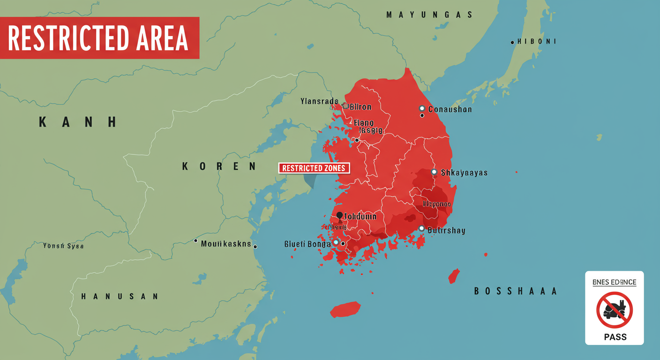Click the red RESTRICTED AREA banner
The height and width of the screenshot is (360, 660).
click(x=99, y=38)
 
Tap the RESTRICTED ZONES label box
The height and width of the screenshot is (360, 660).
click(x=314, y=168)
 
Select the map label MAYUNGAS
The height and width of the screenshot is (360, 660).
click(x=429, y=15)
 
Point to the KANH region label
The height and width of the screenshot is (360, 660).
click(x=77, y=122)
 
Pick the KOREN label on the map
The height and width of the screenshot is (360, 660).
click(x=219, y=166)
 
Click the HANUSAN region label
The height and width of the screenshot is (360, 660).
click(x=120, y=296)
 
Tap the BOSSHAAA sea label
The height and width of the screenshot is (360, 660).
click(x=515, y=291)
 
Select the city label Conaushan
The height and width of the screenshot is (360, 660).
click(x=450, y=109)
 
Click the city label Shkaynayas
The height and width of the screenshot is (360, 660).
click(x=464, y=172)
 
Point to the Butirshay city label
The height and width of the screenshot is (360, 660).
click(x=446, y=231)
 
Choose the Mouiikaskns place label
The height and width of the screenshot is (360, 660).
click(x=226, y=244)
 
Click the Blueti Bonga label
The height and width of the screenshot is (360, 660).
click(x=307, y=244)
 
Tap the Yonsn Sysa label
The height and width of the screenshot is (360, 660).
click(x=63, y=246)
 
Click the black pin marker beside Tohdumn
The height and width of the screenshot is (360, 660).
click(x=339, y=216)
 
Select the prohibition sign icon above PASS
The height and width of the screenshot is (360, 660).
click(x=615, y=310)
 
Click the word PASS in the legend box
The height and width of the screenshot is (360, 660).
click(x=615, y=337)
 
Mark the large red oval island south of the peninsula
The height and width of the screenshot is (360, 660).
click(x=345, y=309)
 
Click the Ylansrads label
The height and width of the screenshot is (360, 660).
click(x=319, y=101)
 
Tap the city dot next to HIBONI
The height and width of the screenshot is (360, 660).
click(x=512, y=42)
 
